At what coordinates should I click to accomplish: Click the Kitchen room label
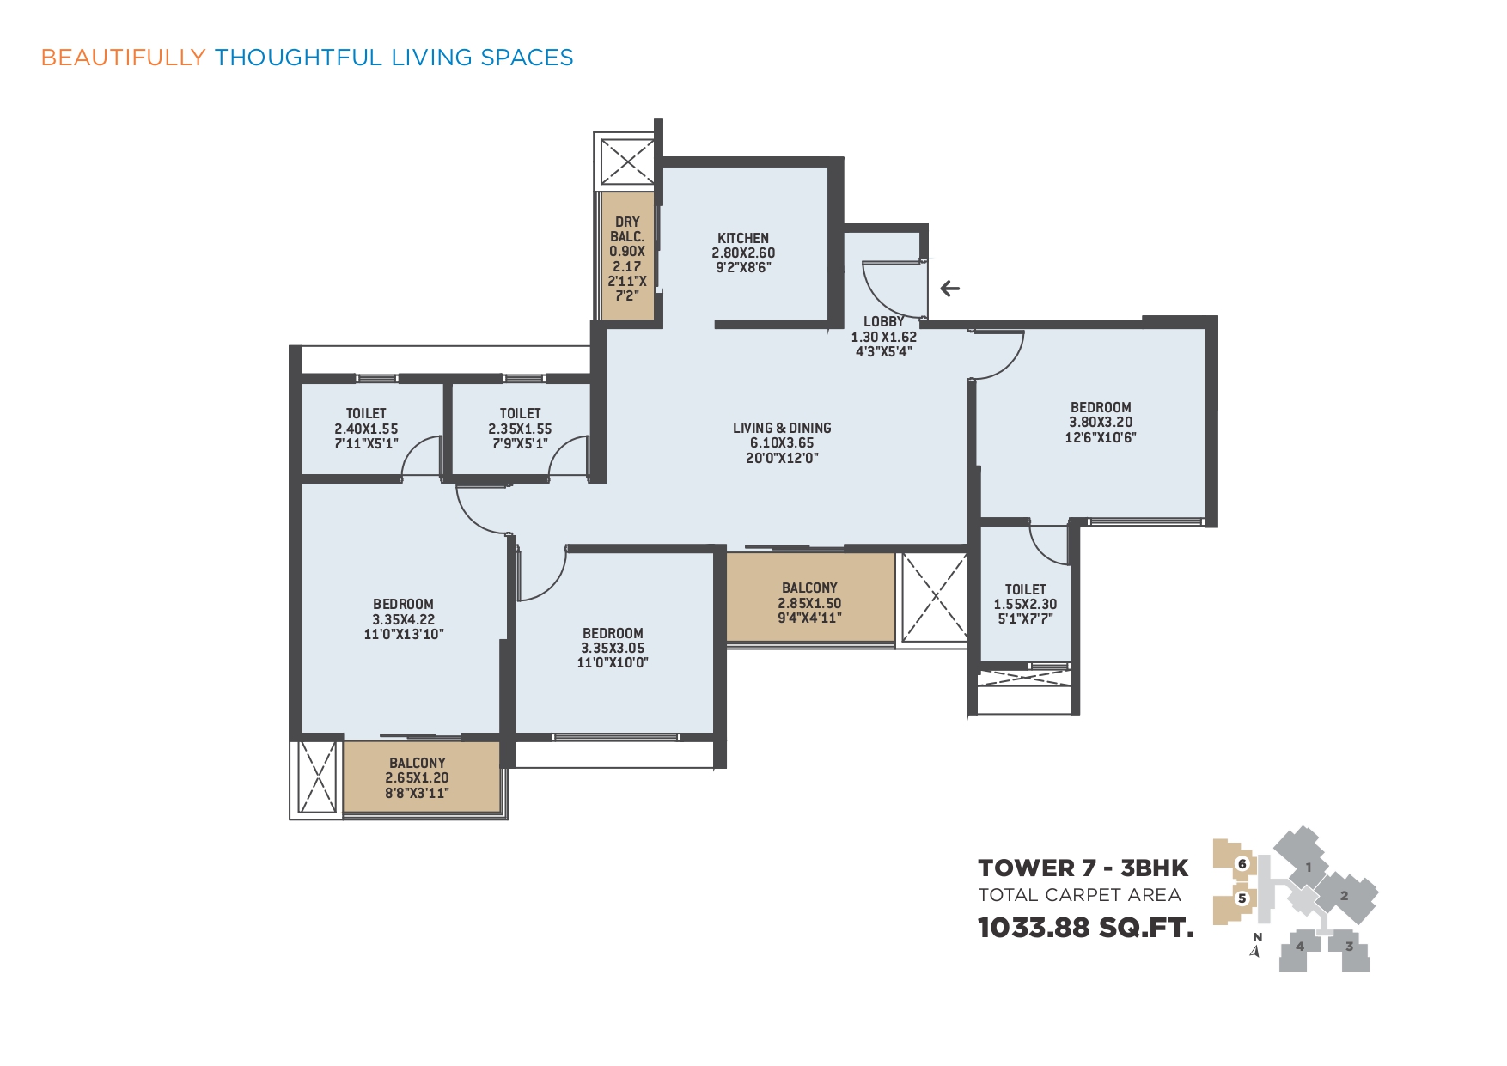[x=743, y=238]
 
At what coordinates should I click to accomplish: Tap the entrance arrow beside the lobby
[x=949, y=289]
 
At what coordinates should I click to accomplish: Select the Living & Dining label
[x=782, y=428]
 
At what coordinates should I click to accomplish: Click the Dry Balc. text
[x=627, y=228]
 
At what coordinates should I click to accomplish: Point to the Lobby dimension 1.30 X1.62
[x=883, y=337]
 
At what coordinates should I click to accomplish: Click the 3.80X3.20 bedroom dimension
[x=1101, y=422]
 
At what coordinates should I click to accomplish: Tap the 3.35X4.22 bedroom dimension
[x=403, y=619]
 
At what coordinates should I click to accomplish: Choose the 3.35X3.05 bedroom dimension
[x=613, y=648]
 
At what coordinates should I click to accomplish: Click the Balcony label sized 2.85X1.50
[x=809, y=588]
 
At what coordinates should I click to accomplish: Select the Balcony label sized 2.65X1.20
[x=418, y=763]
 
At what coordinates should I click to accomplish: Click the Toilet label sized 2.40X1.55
[x=366, y=413]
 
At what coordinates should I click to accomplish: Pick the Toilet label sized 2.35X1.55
[x=520, y=413]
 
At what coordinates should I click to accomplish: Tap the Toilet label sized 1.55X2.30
[x=1025, y=589]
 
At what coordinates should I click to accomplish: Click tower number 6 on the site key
[x=1242, y=864]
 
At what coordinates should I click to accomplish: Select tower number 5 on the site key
[x=1242, y=898]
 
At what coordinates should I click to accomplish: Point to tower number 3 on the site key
[x=1349, y=947]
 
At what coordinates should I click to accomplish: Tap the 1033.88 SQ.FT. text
[x=1086, y=928]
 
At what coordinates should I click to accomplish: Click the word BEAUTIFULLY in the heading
[x=124, y=58]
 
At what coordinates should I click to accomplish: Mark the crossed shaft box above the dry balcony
[x=626, y=161]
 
